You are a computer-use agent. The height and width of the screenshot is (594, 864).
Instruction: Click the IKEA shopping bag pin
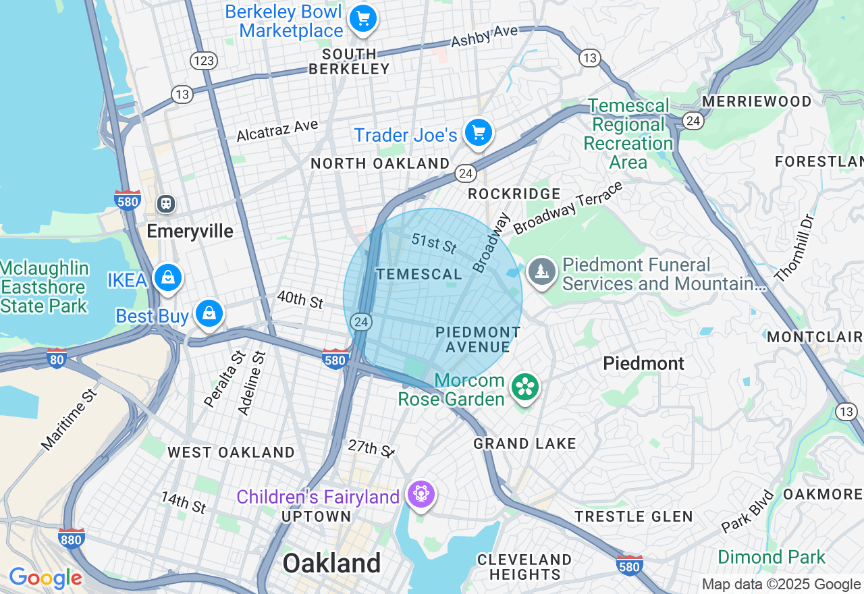[x=167, y=277]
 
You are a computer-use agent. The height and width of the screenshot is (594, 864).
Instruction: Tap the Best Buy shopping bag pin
[x=209, y=314]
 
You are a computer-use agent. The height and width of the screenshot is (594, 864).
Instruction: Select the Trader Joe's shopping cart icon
[x=479, y=133]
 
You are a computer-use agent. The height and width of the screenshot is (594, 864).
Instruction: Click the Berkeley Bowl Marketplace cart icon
[x=362, y=18]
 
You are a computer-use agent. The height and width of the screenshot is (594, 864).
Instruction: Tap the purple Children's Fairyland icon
[x=421, y=495]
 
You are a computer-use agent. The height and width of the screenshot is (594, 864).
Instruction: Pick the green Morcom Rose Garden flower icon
[x=524, y=387]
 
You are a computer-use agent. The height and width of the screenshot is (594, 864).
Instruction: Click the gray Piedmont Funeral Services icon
[x=541, y=271]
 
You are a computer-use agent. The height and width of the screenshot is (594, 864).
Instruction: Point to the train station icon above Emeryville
[x=165, y=203]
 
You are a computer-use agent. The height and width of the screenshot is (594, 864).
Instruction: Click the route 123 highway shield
[x=203, y=61]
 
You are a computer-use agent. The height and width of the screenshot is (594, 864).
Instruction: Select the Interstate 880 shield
[x=71, y=538]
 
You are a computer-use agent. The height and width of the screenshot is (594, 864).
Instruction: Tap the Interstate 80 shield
[x=57, y=358]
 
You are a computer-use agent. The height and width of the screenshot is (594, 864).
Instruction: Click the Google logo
[x=45, y=578]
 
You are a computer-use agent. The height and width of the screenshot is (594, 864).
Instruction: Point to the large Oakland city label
[x=331, y=563]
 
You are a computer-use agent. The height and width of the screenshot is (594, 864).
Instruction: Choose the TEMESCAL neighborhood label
[x=419, y=274]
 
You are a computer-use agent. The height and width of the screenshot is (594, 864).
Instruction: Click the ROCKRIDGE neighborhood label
[x=514, y=194]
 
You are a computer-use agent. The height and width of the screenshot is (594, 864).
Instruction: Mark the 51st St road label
[x=434, y=244]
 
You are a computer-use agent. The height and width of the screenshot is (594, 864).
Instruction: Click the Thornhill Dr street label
[x=795, y=248]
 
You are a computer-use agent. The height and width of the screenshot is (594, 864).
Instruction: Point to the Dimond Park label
[x=771, y=558]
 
